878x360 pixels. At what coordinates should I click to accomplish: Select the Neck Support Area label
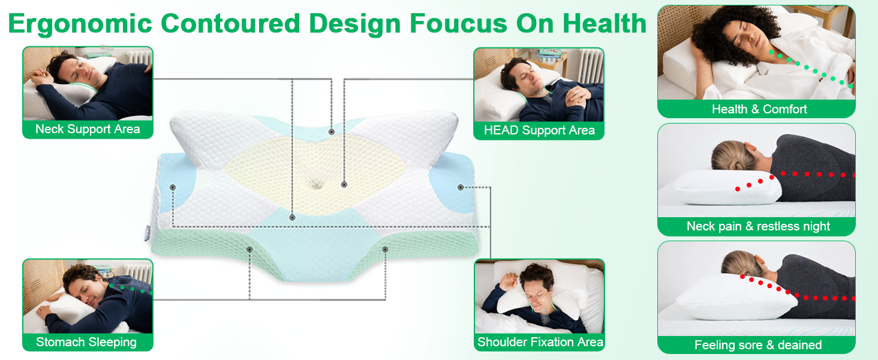88,129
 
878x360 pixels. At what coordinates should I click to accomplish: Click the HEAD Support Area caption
539,130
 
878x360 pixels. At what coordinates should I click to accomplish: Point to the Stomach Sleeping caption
86,342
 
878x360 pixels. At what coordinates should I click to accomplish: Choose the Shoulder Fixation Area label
540,342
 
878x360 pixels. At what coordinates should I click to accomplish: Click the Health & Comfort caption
759,109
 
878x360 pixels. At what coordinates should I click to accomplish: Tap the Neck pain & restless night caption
758,226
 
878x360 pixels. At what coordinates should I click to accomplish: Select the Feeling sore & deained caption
758,345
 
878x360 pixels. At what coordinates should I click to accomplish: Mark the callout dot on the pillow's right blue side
461,187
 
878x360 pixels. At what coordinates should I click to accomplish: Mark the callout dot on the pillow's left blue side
173,187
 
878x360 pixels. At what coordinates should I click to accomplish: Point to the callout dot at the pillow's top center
331,131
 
